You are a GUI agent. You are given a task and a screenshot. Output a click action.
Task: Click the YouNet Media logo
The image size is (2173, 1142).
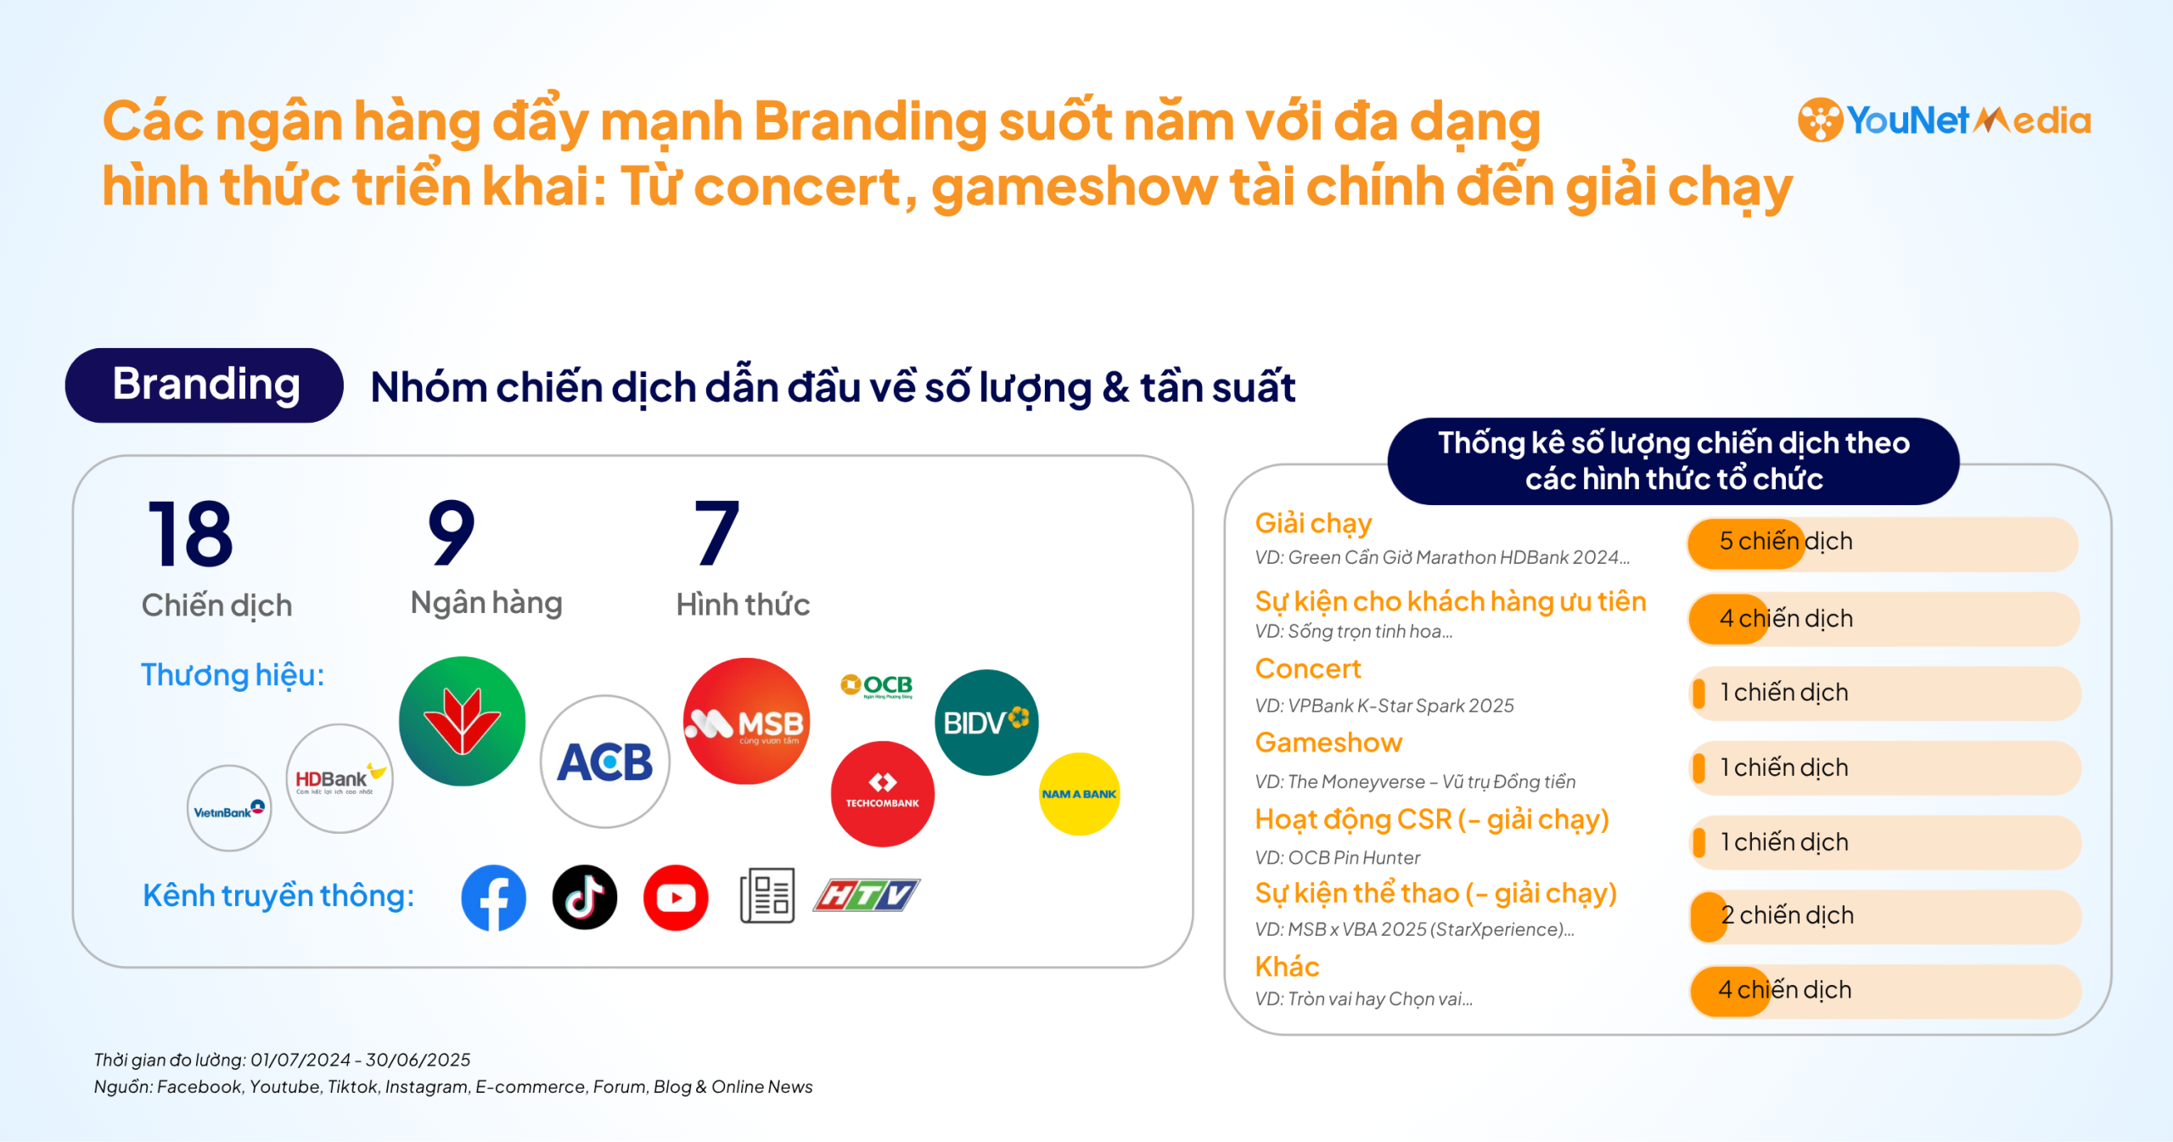click(x=1944, y=120)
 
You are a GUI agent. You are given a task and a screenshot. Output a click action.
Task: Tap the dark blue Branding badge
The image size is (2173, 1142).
click(x=205, y=385)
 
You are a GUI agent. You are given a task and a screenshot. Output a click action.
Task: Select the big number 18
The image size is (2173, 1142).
click(x=190, y=534)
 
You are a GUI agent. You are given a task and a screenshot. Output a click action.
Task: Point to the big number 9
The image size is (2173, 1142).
click(x=451, y=532)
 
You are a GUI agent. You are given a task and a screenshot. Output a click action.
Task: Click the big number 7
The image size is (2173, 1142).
click(x=717, y=532)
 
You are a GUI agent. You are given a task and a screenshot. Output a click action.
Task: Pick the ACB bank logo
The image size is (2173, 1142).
click(x=605, y=762)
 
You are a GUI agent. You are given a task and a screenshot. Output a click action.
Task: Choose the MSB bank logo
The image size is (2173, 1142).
click(x=747, y=721)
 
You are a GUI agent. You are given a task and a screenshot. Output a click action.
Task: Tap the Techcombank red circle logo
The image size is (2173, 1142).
click(x=883, y=794)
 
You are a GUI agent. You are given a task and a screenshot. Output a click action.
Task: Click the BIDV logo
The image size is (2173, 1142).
click(x=986, y=723)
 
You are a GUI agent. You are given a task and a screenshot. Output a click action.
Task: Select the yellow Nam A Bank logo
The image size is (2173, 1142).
click(x=1080, y=794)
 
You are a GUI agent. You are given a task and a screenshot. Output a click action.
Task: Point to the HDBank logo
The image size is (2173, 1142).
click(x=340, y=779)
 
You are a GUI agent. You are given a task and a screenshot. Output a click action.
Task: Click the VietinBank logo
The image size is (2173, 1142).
click(x=229, y=808)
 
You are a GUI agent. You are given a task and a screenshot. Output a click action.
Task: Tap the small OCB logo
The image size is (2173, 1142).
click(x=877, y=685)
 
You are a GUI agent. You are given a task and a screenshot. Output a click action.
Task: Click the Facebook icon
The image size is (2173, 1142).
click(x=494, y=897)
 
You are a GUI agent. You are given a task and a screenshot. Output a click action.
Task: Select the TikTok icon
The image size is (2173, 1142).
click(x=585, y=897)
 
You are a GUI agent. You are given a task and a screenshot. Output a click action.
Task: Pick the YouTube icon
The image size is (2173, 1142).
click(x=676, y=897)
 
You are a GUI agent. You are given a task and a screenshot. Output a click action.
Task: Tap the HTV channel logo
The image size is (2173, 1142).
click(x=867, y=895)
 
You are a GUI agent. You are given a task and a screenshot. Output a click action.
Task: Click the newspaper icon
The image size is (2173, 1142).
click(x=767, y=896)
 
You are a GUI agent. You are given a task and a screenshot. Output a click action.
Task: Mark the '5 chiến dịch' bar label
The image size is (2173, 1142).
click(x=1786, y=541)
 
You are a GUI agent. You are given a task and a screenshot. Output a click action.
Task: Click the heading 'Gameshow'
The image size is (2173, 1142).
click(x=1328, y=743)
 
